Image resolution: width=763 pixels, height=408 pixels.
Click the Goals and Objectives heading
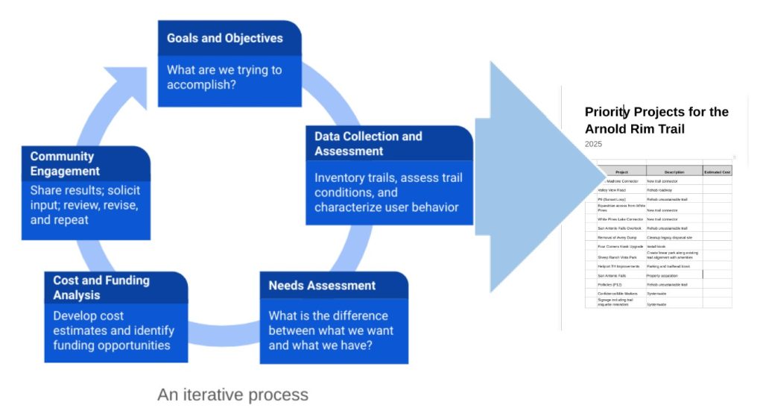coord(224,38)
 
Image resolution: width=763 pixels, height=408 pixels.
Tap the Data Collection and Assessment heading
coord(368,143)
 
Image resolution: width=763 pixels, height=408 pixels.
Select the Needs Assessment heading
coord(322,286)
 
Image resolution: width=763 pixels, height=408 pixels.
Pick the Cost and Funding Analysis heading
coord(101,288)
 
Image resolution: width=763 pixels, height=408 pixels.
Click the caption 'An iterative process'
coord(232,394)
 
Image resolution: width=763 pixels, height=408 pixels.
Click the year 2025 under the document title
coord(593,144)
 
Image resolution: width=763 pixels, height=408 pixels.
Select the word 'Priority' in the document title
coord(607,112)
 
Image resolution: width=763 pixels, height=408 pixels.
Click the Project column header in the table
coord(621,172)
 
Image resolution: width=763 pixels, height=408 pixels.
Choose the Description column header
coord(674,172)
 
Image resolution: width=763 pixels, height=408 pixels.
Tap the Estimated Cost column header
coord(717,172)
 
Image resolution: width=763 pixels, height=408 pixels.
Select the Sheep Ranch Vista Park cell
coord(618,257)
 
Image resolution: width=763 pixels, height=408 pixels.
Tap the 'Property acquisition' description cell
coord(663,275)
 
